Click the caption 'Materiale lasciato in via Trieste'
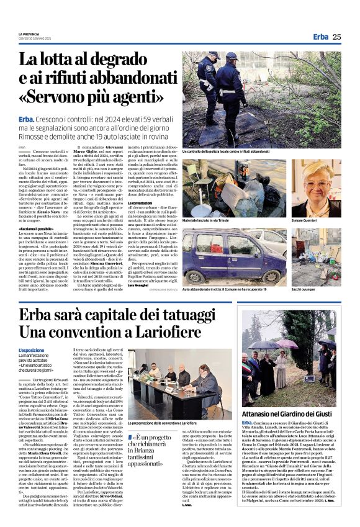tap(208, 221)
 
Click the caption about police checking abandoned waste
tap(226, 151)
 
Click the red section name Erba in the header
tap(320, 37)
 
